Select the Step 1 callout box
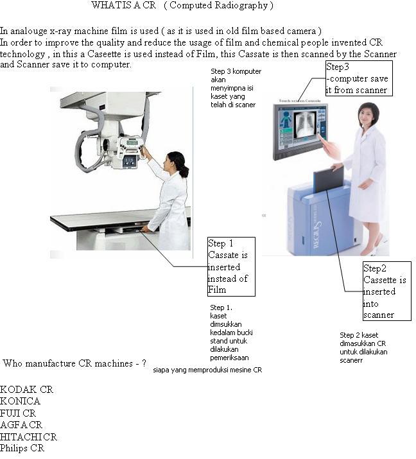(x=231, y=266)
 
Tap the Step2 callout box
(x=386, y=291)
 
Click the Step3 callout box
(x=358, y=78)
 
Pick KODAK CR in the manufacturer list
(x=26, y=390)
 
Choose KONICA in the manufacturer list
(x=20, y=401)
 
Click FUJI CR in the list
(x=18, y=413)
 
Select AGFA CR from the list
(x=21, y=425)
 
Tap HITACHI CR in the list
(x=28, y=437)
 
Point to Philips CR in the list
(x=22, y=448)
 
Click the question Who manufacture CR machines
(x=74, y=363)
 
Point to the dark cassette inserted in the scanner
(x=327, y=180)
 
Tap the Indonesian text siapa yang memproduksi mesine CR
(x=207, y=370)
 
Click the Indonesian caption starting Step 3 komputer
(x=236, y=88)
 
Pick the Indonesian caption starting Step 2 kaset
(x=364, y=347)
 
